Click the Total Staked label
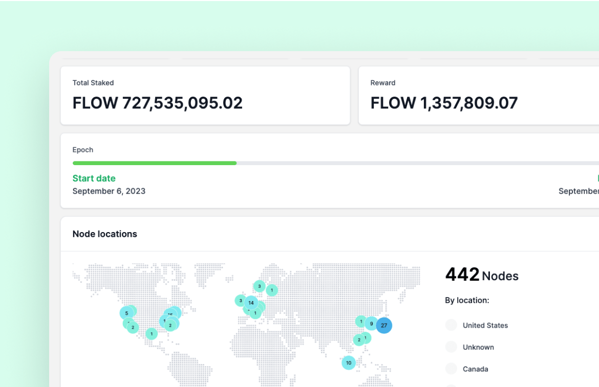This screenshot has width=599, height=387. click(x=93, y=83)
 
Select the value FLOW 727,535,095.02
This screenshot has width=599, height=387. click(x=157, y=103)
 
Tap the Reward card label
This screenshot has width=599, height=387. click(x=383, y=83)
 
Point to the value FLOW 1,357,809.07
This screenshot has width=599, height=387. click(x=444, y=103)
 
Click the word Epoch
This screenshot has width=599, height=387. click(x=83, y=150)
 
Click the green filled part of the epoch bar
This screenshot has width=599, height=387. click(x=154, y=163)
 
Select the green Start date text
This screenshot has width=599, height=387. click(x=94, y=178)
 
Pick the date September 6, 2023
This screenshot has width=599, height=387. click(x=109, y=191)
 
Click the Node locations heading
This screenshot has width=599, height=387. click(x=105, y=234)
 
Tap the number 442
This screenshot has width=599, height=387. click(x=462, y=275)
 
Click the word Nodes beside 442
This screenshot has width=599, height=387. click(x=500, y=276)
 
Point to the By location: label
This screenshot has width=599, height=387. click(x=467, y=300)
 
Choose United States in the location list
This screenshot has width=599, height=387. click(x=485, y=325)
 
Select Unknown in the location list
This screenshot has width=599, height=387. click(x=478, y=347)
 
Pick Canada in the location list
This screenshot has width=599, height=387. click(x=475, y=369)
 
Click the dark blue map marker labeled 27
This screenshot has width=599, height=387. click(x=384, y=325)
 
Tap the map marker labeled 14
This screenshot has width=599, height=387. click(x=251, y=303)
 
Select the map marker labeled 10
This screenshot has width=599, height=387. click(x=349, y=363)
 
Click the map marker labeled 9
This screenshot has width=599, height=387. click(x=371, y=323)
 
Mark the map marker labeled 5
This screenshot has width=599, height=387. click(x=126, y=313)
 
